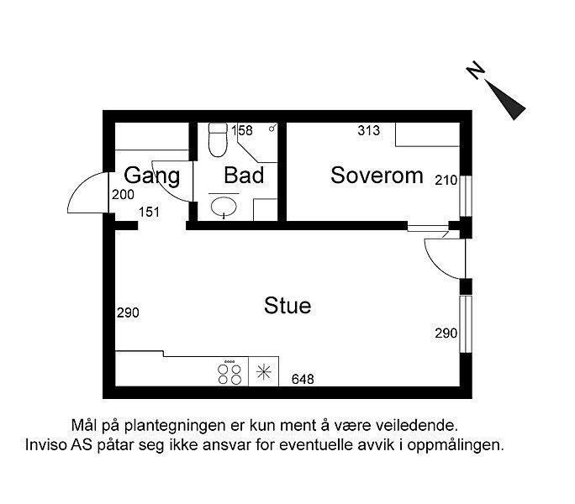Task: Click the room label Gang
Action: click(x=152, y=176)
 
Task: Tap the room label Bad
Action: click(x=244, y=176)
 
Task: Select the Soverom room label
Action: click(x=376, y=176)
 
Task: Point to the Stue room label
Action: click(x=287, y=305)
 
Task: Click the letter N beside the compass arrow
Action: click(x=477, y=73)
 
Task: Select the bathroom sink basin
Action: click(x=224, y=206)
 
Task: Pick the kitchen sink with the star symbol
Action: click(x=265, y=373)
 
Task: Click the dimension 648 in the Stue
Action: click(x=303, y=380)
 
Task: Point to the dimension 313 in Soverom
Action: click(x=369, y=130)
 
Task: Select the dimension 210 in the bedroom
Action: click(x=445, y=180)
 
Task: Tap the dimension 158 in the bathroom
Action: click(x=242, y=130)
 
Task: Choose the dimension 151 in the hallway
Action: click(x=149, y=213)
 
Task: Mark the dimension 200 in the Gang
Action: click(x=123, y=194)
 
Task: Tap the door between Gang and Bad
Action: click(x=173, y=181)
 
